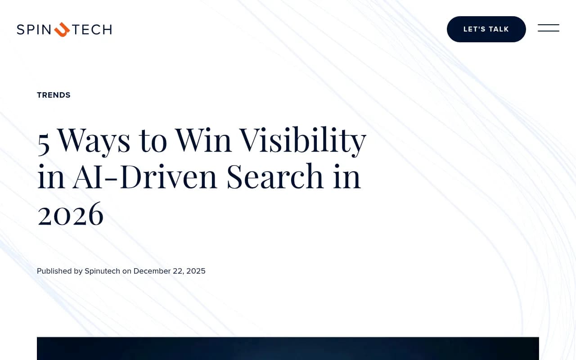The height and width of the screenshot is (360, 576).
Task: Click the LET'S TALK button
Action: click(x=486, y=29)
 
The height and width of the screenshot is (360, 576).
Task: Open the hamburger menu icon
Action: click(x=549, y=28)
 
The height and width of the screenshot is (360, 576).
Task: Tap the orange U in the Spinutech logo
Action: click(x=62, y=30)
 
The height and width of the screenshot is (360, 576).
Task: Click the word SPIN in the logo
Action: click(x=34, y=30)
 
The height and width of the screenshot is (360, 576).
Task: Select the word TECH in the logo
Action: click(x=92, y=30)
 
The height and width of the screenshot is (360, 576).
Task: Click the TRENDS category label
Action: click(x=54, y=95)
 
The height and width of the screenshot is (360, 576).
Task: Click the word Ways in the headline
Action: click(x=94, y=141)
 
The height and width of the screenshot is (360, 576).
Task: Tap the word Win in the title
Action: click(x=203, y=140)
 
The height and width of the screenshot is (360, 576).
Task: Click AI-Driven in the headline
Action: click(x=145, y=176)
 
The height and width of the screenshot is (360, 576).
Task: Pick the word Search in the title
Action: click(x=275, y=176)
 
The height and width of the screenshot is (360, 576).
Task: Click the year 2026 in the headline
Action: click(x=71, y=214)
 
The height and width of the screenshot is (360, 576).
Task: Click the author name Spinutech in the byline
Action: click(x=102, y=271)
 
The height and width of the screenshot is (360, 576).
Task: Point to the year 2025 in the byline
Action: click(x=196, y=271)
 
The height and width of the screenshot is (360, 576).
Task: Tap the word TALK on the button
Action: click(x=499, y=29)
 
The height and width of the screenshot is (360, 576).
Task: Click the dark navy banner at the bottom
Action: click(x=288, y=348)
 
